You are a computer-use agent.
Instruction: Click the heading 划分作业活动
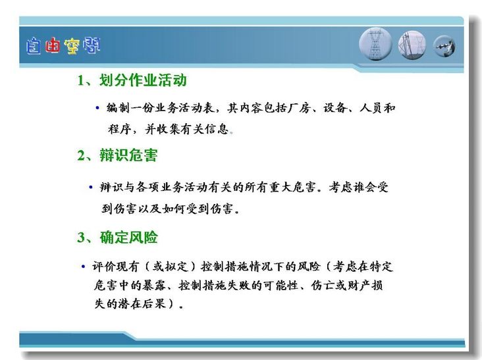[143, 80]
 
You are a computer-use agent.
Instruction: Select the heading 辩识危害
[128, 155]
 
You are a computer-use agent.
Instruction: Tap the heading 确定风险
[129, 238]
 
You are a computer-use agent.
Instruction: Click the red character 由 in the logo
[52, 46]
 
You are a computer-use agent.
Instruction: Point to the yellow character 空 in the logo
[72, 46]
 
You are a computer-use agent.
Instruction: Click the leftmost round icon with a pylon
[375, 44]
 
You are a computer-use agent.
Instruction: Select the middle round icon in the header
[412, 45]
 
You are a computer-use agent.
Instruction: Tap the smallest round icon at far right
[444, 46]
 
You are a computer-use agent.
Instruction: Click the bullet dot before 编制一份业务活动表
[97, 108]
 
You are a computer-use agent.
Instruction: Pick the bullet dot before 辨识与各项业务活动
[91, 187]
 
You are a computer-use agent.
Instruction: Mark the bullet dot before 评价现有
[83, 267]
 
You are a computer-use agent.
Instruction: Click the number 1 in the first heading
[81, 81]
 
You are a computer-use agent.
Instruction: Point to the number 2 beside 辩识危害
[81, 155]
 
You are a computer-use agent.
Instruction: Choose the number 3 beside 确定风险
[81, 238]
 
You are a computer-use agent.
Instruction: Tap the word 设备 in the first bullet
[335, 108]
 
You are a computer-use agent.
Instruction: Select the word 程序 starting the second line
[120, 129]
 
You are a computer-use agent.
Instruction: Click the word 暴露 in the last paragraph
[154, 286]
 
